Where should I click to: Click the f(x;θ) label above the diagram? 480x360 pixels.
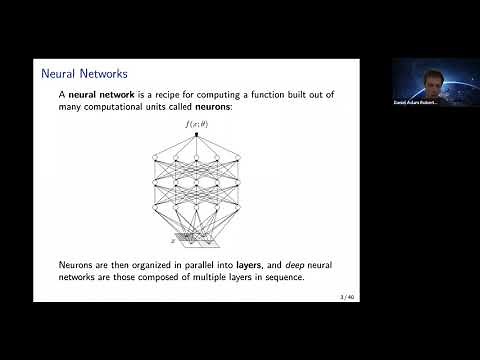(197, 123)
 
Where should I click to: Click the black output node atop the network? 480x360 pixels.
(197, 134)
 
